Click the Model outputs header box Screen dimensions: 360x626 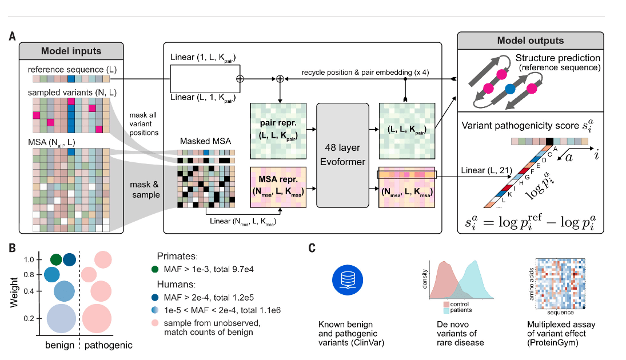point(530,41)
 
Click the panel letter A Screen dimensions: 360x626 point(12,36)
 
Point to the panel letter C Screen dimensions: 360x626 point(312,249)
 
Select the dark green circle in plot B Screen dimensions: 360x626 point(56,260)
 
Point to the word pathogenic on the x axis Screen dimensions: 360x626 point(109,345)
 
